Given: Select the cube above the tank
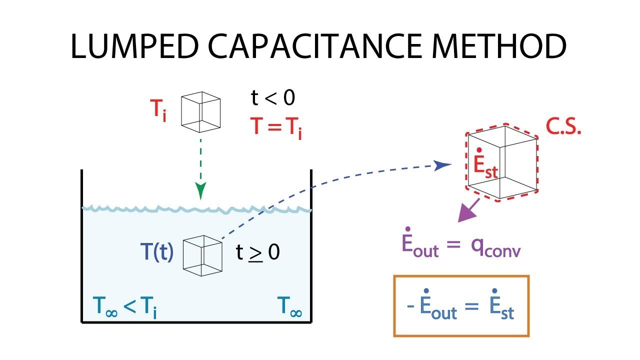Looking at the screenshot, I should point(200,109).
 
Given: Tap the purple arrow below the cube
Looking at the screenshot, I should point(468,210).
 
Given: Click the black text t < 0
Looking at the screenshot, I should point(273,98).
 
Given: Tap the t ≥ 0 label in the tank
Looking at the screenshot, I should point(257,253).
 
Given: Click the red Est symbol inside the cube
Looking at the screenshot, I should point(484,165).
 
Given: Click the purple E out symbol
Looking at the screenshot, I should point(420,245).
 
